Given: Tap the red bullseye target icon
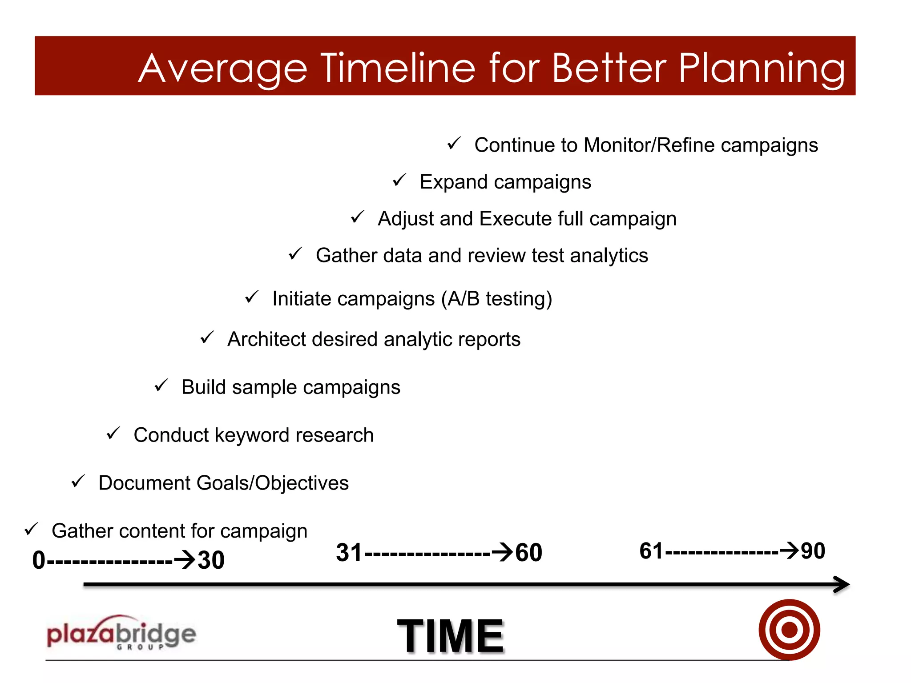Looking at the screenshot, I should click(x=789, y=630).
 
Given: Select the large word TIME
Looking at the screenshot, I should click(x=450, y=636).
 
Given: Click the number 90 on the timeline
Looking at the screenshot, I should click(x=813, y=551).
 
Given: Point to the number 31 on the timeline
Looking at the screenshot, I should click(x=349, y=553).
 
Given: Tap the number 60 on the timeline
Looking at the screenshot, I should click(x=528, y=553).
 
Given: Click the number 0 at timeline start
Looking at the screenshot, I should click(x=39, y=560).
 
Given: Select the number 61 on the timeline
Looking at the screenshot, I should click(x=651, y=551).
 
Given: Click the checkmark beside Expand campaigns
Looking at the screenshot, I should click(x=399, y=180).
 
